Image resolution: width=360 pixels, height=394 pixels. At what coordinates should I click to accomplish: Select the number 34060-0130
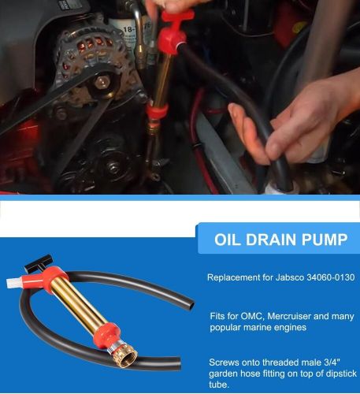tap(331, 277)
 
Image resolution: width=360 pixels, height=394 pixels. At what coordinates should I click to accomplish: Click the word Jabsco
tap(290, 277)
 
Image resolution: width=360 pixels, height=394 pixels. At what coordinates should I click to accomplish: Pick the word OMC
tap(252, 316)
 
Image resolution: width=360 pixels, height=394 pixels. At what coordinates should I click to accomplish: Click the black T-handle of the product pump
tap(39, 263)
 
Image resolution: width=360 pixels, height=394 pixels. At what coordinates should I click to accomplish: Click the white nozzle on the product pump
tap(13, 282)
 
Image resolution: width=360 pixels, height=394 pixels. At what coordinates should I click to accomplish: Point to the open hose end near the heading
tap(191, 304)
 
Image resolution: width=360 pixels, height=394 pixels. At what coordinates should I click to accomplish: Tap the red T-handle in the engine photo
tap(176, 17)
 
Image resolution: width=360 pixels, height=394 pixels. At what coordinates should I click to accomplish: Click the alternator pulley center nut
tap(102, 83)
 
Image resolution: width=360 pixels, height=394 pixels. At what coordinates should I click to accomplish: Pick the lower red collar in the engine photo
tap(157, 111)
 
